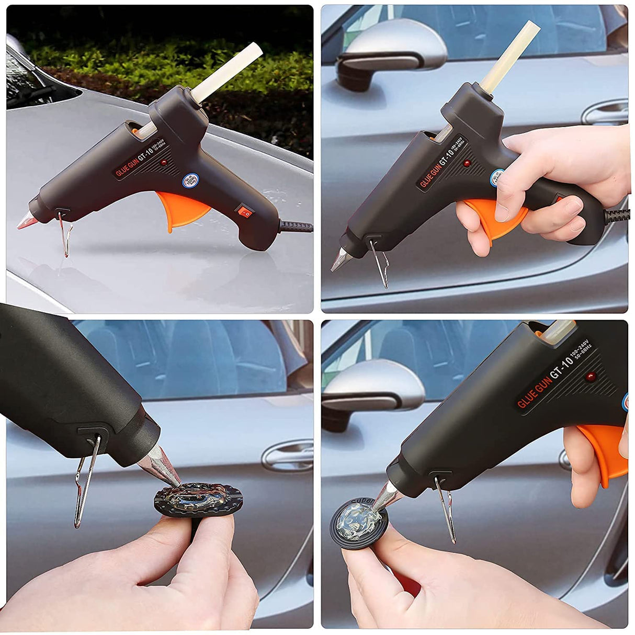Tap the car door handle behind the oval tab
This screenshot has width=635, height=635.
(x=288, y=455)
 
